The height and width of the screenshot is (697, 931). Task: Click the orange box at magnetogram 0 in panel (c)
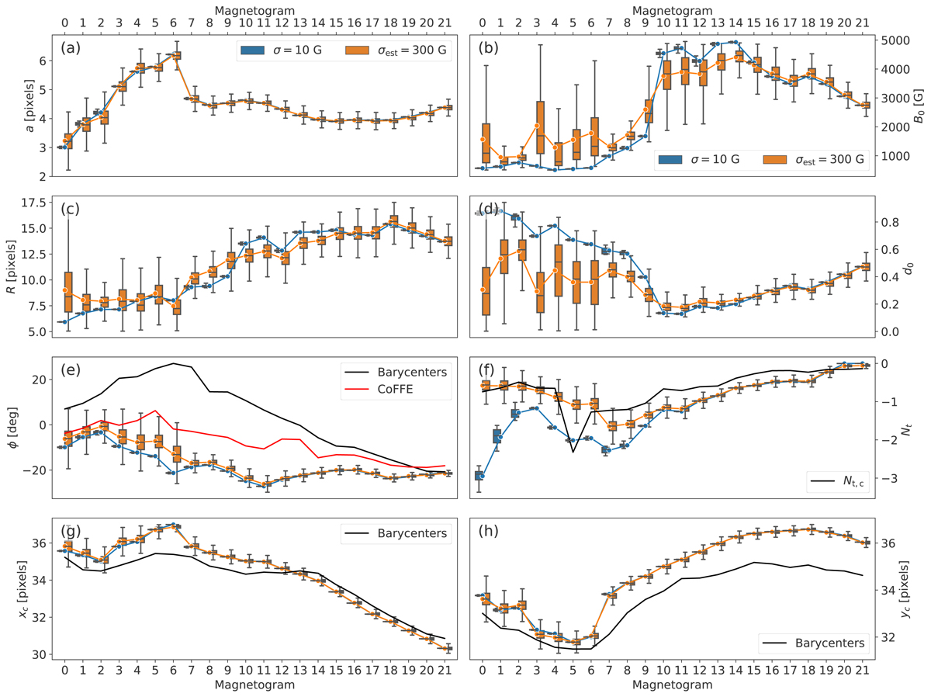66,292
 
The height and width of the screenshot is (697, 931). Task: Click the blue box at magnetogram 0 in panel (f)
479,475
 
